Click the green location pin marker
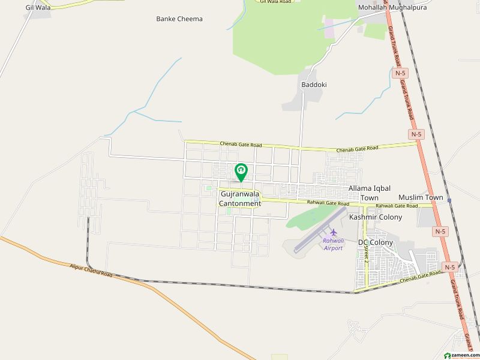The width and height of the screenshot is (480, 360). click(241, 172)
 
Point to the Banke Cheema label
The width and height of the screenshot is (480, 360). click(179, 19)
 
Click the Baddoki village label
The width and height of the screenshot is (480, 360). click(314, 85)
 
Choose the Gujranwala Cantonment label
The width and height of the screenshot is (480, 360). click(240, 199)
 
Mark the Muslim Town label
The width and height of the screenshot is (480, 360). click(421, 197)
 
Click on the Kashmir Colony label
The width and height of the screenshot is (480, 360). click(376, 217)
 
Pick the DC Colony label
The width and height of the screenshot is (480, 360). click(376, 242)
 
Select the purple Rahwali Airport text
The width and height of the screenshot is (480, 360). click(333, 244)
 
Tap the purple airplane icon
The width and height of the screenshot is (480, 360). click(334, 232)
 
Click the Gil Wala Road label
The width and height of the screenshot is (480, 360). click(275, 2)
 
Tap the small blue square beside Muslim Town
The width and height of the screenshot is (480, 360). click(449, 200)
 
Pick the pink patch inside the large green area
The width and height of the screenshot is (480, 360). click(330, 30)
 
